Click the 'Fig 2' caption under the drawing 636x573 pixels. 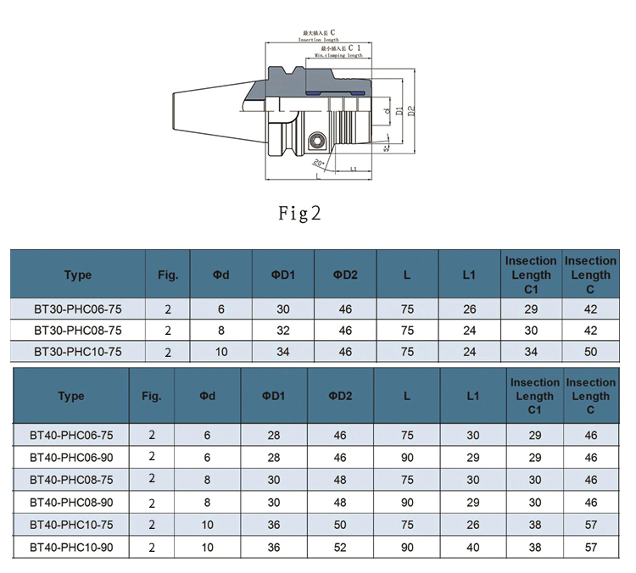(300, 213)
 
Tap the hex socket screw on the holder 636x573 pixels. (317, 140)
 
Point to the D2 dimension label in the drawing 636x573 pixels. (410, 110)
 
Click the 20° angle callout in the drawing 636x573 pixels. (319, 163)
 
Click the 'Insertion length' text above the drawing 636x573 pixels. (319, 40)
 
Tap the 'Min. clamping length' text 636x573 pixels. (338, 55)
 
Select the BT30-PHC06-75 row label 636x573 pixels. (77, 309)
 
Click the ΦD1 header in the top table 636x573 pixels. (283, 275)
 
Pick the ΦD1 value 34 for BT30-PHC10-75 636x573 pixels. (283, 350)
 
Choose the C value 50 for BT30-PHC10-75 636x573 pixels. (591, 350)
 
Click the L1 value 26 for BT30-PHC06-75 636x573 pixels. (469, 309)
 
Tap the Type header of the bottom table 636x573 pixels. (71, 396)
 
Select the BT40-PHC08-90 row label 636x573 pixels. (71, 503)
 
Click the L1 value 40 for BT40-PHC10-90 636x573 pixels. (472, 548)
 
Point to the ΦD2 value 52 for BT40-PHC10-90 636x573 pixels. (340, 548)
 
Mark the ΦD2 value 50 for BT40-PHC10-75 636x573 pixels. (340, 525)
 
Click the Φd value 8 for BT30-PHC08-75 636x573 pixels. (221, 330)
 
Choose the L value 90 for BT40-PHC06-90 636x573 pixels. (407, 458)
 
